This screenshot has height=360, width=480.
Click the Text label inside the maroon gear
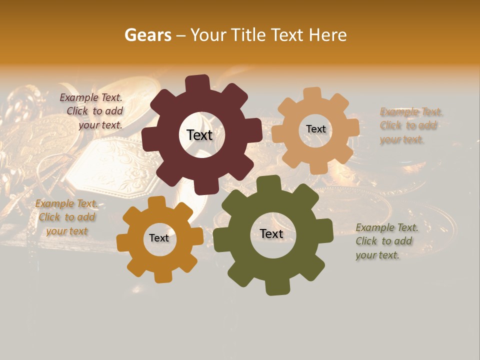(199, 135)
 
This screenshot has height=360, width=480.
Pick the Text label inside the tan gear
(315, 129)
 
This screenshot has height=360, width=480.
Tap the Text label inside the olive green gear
(271, 234)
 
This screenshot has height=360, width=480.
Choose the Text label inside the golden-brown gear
(159, 238)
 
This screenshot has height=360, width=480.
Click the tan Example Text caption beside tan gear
(410, 125)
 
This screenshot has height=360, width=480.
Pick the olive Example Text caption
(386, 241)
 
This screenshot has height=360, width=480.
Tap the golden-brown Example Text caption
(66, 217)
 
